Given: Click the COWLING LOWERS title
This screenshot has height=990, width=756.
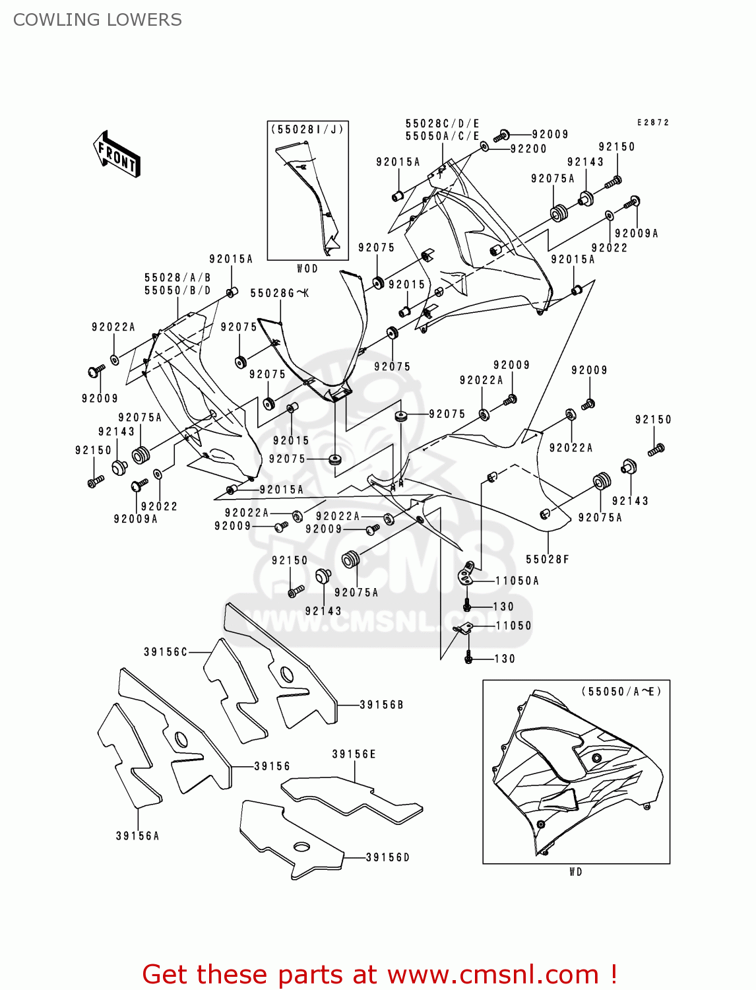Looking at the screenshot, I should [x=98, y=20].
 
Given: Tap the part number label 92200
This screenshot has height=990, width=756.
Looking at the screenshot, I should [x=528, y=149].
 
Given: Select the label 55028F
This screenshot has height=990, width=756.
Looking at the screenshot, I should [x=547, y=560].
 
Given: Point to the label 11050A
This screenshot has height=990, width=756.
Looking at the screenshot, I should [x=517, y=581].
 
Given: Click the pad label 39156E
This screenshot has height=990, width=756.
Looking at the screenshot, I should [x=354, y=754].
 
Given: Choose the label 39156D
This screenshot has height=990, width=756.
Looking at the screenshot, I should [x=388, y=857].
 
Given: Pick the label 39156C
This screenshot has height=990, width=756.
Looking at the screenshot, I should [x=166, y=652].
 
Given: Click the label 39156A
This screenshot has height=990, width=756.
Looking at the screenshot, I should [x=137, y=836].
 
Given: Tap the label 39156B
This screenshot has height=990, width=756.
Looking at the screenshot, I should [x=381, y=705].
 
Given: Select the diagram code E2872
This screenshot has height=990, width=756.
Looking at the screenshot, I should [x=652, y=123].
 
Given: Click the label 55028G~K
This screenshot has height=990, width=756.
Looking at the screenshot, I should [x=280, y=294].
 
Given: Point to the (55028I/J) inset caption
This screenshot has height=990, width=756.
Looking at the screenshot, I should [x=307, y=130].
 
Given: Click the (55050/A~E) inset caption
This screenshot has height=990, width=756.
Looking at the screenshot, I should [x=621, y=692].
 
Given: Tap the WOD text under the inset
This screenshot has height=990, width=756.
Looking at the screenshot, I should [x=307, y=269].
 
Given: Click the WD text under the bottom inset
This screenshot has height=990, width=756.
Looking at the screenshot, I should [x=576, y=872].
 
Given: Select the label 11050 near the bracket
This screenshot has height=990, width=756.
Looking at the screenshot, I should [x=513, y=626].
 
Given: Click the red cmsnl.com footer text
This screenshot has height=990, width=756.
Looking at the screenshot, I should [x=379, y=974].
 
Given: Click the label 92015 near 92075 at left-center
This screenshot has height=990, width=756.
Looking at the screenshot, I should [x=291, y=440].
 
